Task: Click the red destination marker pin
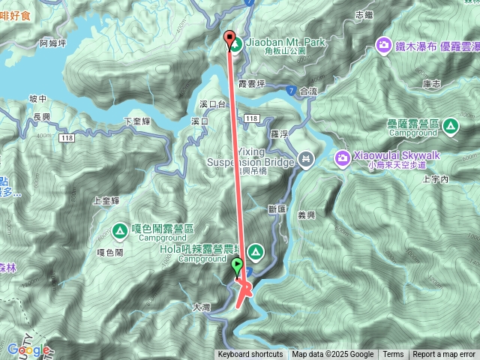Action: click(x=229, y=39)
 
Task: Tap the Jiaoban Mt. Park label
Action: click(x=285, y=43)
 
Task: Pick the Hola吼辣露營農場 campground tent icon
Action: click(x=256, y=250)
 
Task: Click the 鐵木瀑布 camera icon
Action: click(x=384, y=45)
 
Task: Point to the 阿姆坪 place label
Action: click(x=52, y=43)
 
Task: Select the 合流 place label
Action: click(x=308, y=91)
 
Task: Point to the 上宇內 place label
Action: click(x=435, y=180)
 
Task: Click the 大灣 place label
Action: click(x=201, y=306)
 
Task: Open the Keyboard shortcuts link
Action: click(x=250, y=355)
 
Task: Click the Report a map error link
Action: click(x=444, y=355)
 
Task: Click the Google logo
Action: click(x=28, y=349)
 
